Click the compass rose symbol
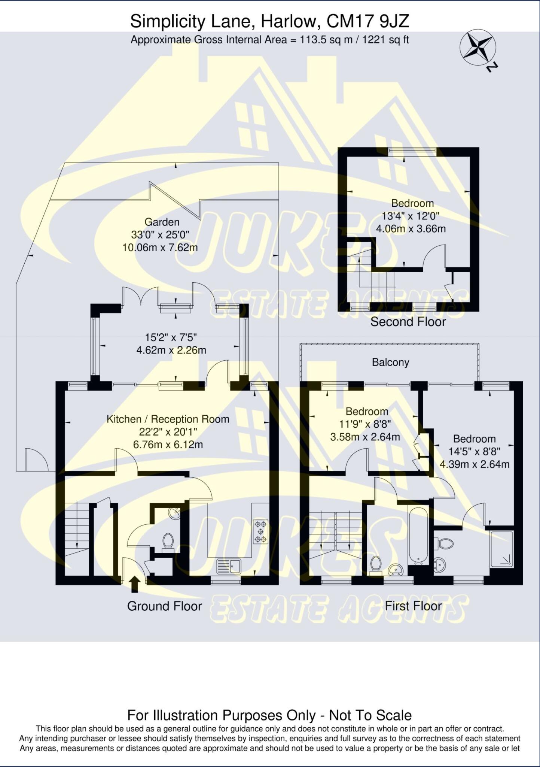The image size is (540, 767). [x=477, y=47]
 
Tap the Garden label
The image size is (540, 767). [x=162, y=222]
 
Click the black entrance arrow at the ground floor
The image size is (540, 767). [x=135, y=584]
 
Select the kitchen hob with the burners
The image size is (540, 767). [x=260, y=531]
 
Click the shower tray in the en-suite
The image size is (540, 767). [x=501, y=549]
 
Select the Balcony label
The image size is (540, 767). [x=390, y=362]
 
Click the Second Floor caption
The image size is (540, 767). [x=408, y=322]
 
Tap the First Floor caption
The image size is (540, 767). [x=413, y=606]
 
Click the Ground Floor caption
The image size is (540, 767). [x=164, y=606]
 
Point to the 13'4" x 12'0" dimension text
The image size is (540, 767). [x=411, y=216]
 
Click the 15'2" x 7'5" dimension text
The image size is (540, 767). [x=171, y=337]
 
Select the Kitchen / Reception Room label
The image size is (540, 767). [x=168, y=419]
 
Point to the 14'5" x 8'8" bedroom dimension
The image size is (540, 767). [x=474, y=452]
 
